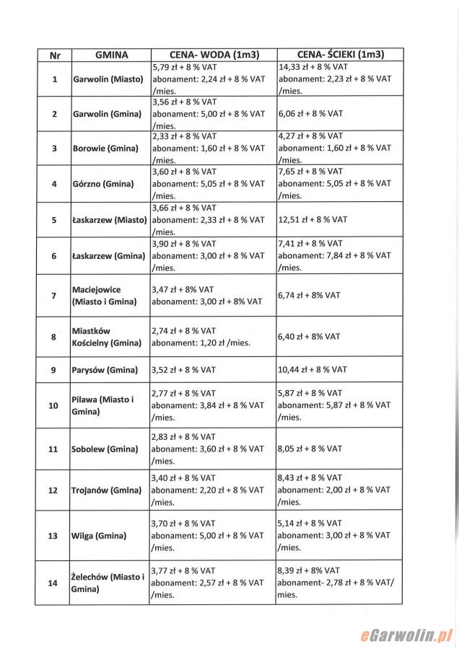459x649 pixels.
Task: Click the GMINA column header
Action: (x=111, y=54)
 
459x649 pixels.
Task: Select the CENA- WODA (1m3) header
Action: (x=213, y=54)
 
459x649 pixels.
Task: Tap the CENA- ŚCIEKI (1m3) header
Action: (x=340, y=54)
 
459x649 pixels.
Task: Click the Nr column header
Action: (x=54, y=54)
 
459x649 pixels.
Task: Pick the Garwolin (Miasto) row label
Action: (x=107, y=79)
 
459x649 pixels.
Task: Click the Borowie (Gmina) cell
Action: (x=105, y=149)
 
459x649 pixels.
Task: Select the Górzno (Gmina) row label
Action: (x=102, y=184)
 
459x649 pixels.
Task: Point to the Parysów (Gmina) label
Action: (x=105, y=370)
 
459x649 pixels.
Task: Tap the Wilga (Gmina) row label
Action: (x=99, y=536)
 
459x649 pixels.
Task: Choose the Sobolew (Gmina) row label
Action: (x=105, y=449)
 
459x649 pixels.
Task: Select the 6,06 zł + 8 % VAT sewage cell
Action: (x=310, y=114)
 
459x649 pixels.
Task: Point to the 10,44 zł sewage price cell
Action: (x=312, y=370)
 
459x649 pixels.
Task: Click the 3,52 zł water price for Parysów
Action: (x=183, y=370)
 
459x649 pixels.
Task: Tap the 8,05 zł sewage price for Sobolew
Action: (x=310, y=449)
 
